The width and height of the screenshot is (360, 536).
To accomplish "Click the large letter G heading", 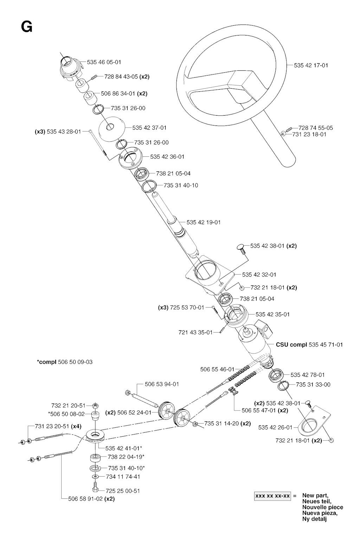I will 27,27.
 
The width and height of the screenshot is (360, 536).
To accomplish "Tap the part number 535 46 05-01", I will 104,62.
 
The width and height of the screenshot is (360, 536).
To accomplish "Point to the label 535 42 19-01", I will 204,222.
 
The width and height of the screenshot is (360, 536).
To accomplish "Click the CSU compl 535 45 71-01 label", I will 309,344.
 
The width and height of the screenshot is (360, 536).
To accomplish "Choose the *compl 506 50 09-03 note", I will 65,362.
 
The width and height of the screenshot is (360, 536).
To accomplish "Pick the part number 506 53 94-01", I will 162,384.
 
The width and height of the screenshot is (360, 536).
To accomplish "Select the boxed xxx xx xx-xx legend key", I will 273,496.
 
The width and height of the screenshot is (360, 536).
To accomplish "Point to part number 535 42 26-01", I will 275,427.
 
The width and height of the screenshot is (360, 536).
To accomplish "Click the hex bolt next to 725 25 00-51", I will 95,489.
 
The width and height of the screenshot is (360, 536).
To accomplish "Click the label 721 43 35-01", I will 195,332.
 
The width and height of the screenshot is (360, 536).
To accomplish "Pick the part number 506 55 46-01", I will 217,369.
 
